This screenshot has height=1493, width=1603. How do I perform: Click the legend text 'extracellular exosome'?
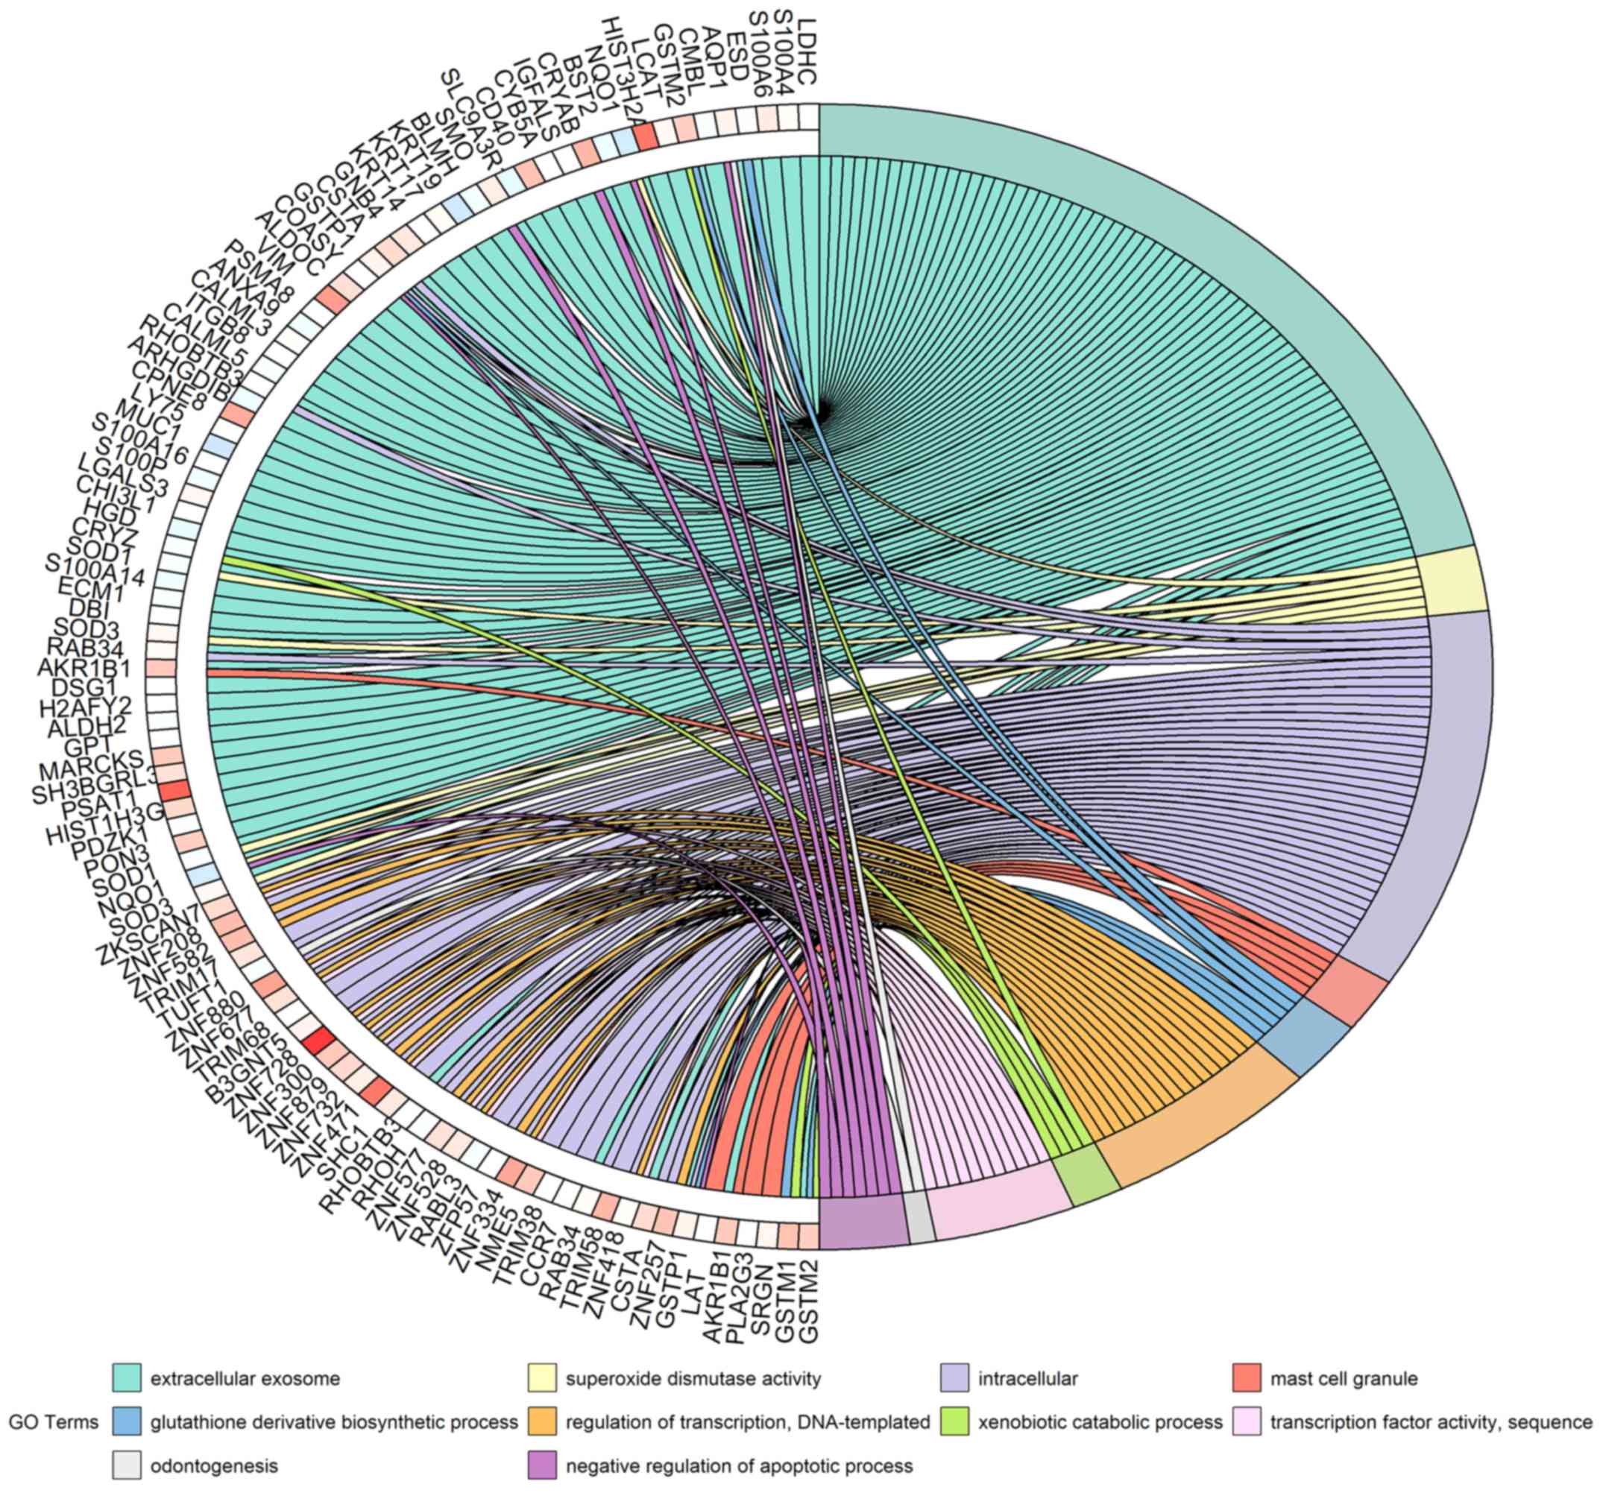pos(245,1378)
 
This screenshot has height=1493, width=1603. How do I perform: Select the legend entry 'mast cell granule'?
pos(1344,1378)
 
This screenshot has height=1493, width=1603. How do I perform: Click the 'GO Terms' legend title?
pos(53,1422)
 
